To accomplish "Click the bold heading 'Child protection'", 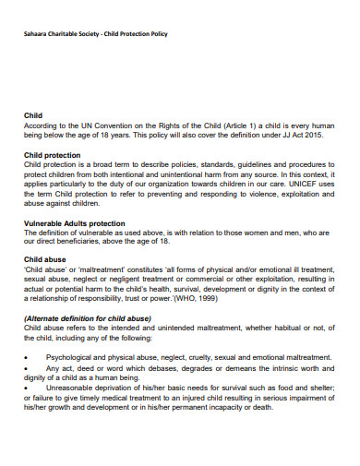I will pyautogui.click(x=51, y=155).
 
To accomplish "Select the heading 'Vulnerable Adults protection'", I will pyautogui.click(x=74, y=224).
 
